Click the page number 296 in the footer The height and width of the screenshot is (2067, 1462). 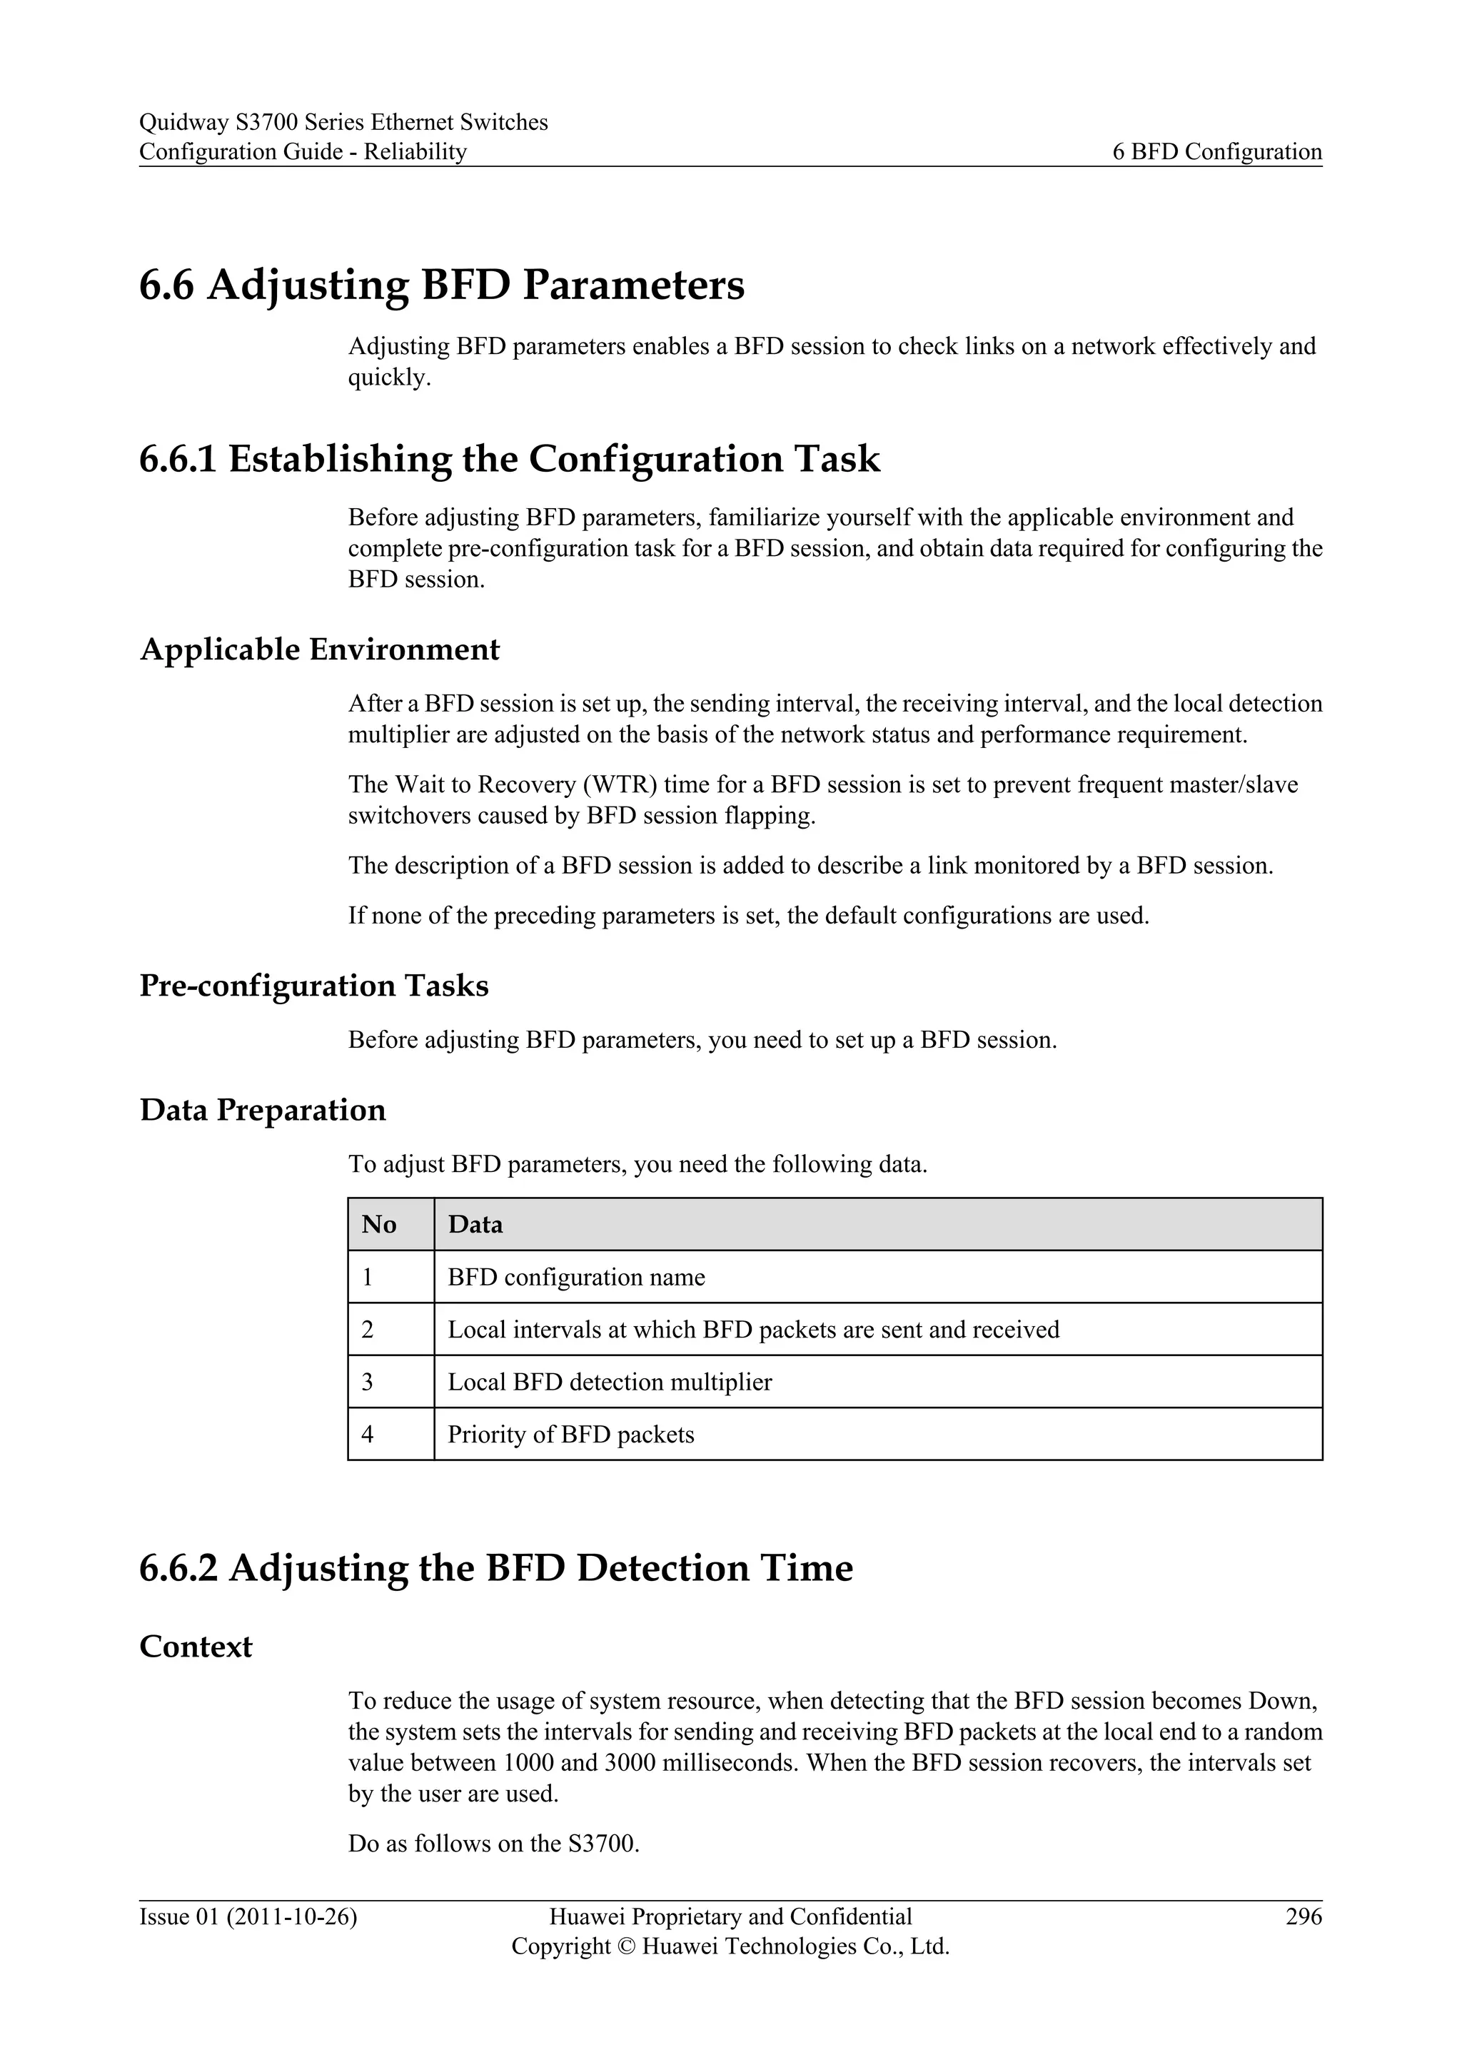click(1304, 1916)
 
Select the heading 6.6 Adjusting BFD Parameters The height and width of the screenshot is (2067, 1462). click(441, 285)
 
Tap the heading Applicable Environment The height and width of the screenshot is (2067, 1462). click(320, 649)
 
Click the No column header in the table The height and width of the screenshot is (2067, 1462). click(379, 1224)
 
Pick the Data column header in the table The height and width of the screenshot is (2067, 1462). click(475, 1224)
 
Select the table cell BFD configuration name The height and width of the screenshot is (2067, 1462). click(576, 1278)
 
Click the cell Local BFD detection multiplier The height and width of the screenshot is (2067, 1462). click(610, 1382)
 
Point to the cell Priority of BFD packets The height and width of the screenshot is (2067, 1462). click(571, 1434)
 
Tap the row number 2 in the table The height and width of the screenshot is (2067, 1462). click(368, 1330)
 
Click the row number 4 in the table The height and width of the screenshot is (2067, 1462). click(368, 1434)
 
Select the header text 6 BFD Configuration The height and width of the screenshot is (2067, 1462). click(1217, 151)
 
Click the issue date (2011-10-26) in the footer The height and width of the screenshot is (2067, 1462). click(292, 1916)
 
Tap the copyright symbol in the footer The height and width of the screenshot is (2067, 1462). click(627, 1946)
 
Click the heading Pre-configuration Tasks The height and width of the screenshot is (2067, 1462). click(313, 986)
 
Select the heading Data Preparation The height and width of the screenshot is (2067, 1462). click(262, 1110)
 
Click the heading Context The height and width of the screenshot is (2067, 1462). click(196, 1647)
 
